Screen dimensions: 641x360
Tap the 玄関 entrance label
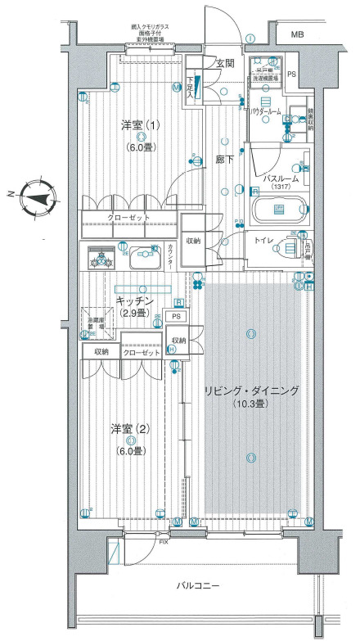pyautogui.click(x=225, y=63)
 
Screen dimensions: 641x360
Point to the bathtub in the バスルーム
pyautogui.click(x=278, y=210)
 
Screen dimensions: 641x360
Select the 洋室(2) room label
pyautogui.click(x=130, y=429)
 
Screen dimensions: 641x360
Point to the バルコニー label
pyautogui.click(x=199, y=586)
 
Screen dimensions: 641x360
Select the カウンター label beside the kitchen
pyautogui.click(x=169, y=255)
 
